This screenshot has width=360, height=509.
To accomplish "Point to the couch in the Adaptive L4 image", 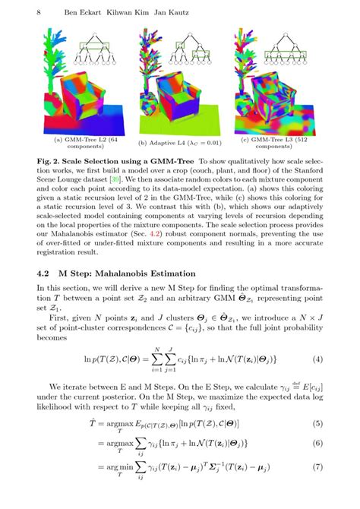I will (179, 103).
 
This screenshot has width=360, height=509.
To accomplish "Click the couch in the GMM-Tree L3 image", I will (277, 103).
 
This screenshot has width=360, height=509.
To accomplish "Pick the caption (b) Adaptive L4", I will (179, 143).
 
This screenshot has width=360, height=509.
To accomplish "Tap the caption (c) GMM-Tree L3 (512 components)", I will (276, 144).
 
